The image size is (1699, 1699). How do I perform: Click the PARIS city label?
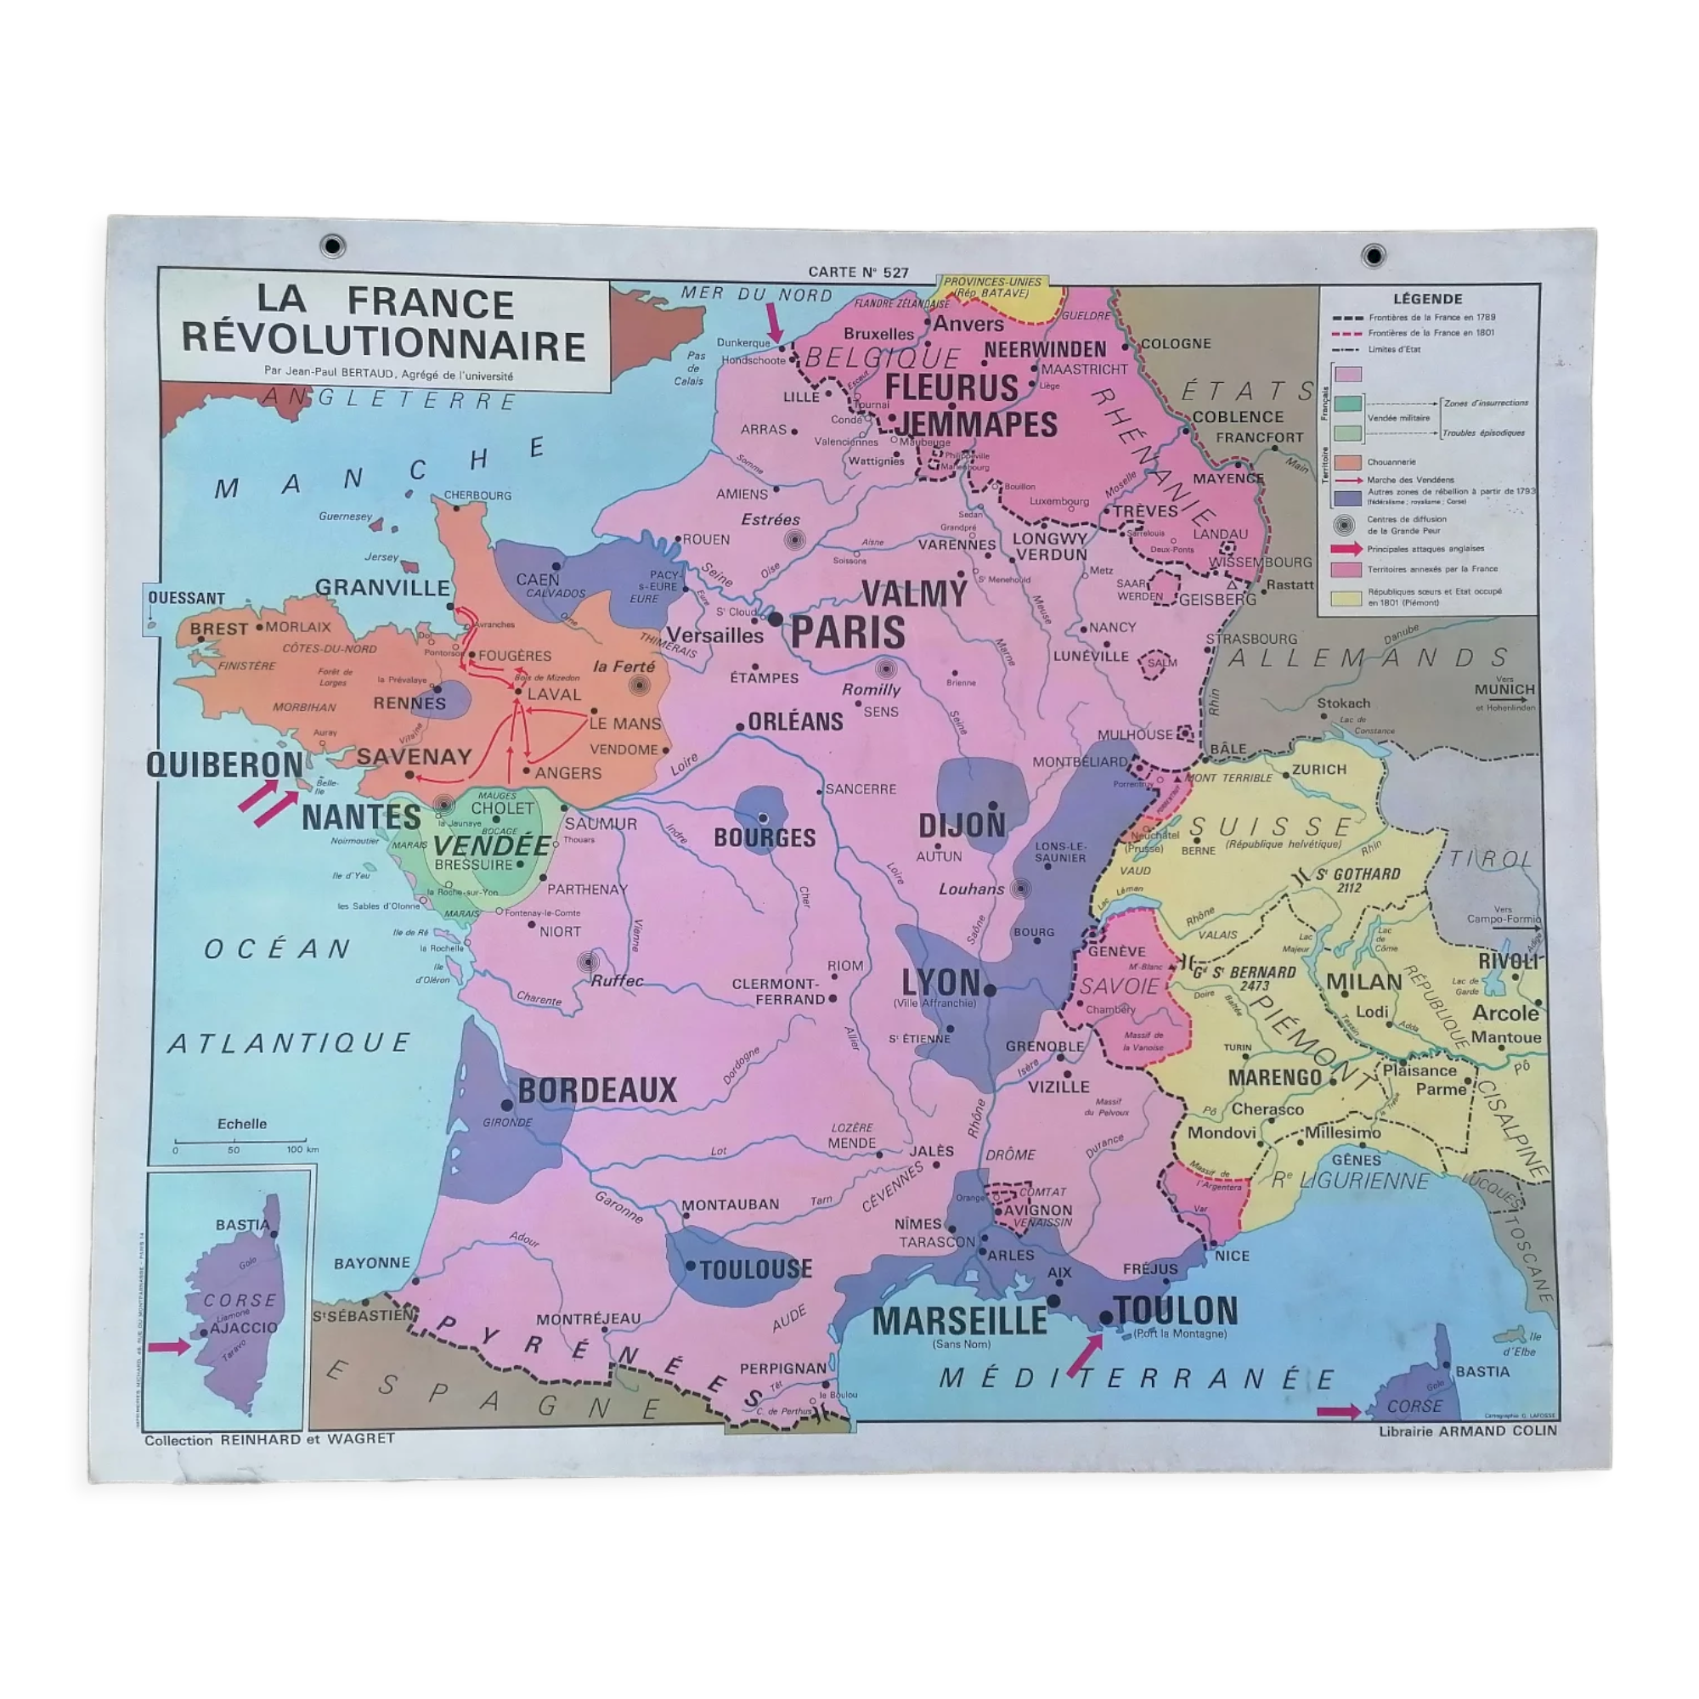(x=847, y=633)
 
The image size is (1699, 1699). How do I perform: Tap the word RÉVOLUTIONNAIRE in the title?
(x=384, y=345)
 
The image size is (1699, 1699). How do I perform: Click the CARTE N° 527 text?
(x=857, y=273)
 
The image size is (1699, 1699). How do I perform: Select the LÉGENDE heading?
(x=1427, y=299)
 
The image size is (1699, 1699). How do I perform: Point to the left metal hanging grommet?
(x=333, y=246)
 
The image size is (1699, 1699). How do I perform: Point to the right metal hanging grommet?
(x=1373, y=256)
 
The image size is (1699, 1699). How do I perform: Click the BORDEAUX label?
(x=597, y=1091)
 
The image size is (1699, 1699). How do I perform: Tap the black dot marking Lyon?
(x=990, y=991)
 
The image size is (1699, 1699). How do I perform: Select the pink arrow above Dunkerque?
(x=774, y=323)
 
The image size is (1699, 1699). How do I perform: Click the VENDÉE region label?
(x=492, y=845)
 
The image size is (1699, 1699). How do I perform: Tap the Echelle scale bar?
(x=240, y=1142)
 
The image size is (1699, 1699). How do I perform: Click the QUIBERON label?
(x=224, y=765)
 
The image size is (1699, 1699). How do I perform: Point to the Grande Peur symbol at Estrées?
(x=794, y=540)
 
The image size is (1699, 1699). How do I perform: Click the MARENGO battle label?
(x=1274, y=1077)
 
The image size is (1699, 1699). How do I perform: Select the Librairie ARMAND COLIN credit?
(x=1467, y=1431)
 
